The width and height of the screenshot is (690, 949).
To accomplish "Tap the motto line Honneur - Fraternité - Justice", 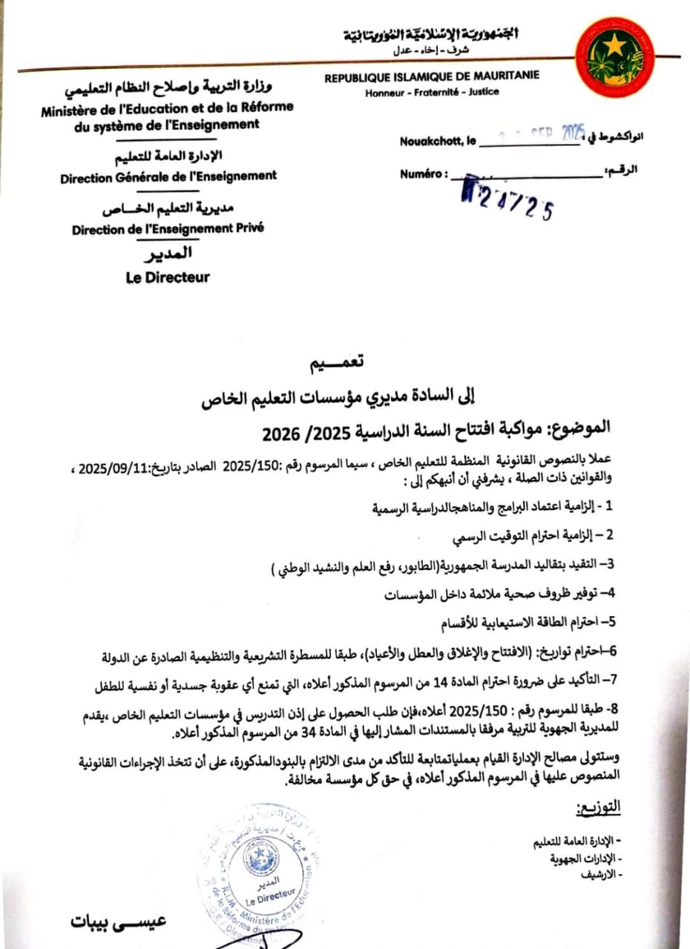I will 432,92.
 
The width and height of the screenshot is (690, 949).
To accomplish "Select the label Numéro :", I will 424,173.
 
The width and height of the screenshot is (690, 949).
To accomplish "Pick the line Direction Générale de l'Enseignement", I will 168,176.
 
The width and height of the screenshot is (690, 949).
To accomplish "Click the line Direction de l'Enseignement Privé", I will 168,229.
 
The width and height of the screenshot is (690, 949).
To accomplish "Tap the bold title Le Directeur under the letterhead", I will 168,277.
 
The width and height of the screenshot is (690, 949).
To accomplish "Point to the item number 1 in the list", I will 609,507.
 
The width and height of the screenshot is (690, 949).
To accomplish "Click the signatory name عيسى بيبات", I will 119,922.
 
